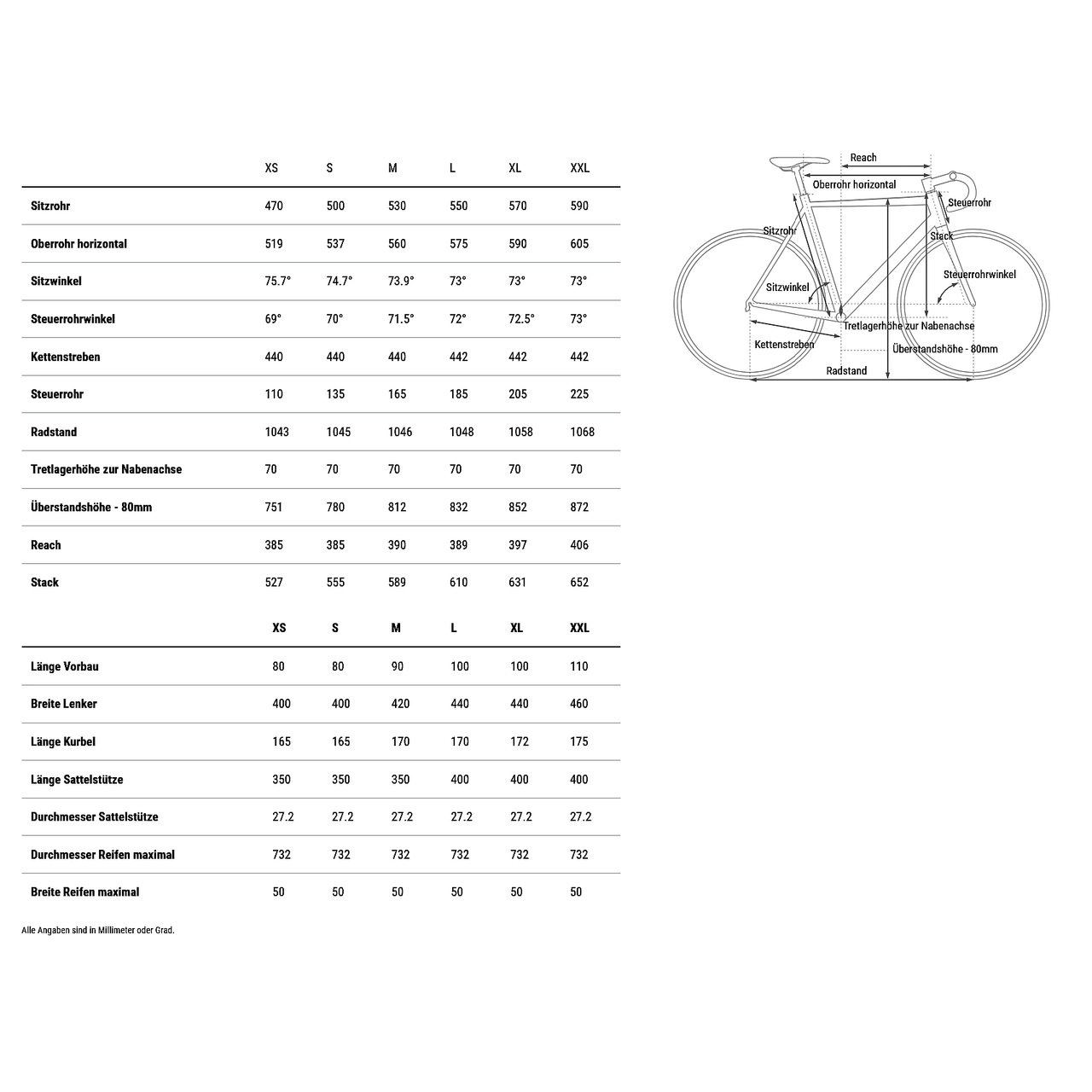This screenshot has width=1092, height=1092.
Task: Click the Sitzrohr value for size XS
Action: (x=274, y=206)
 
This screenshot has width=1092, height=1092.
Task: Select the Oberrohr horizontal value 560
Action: (x=398, y=244)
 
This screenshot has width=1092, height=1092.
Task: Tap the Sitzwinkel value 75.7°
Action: (x=278, y=282)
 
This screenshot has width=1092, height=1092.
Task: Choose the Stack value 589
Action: (x=398, y=583)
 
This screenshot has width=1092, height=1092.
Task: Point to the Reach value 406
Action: (x=579, y=545)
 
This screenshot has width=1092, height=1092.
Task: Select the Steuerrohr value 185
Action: (x=459, y=394)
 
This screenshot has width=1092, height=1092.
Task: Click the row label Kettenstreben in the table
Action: (x=66, y=357)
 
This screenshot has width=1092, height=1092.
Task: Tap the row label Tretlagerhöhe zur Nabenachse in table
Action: (x=107, y=469)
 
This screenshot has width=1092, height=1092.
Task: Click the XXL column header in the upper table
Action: (x=580, y=168)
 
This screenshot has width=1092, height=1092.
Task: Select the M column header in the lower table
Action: (x=396, y=628)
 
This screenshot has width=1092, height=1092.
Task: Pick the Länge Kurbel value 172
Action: (x=520, y=741)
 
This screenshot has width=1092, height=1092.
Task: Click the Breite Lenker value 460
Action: (x=579, y=704)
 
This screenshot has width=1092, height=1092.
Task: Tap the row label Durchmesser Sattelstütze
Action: (x=95, y=816)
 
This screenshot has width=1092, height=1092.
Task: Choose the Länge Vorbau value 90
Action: (x=398, y=666)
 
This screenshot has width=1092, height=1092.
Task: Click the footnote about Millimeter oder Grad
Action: (x=98, y=930)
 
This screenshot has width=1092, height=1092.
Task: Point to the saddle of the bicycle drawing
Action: (x=799, y=161)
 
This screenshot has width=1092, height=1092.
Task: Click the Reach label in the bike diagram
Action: (x=863, y=158)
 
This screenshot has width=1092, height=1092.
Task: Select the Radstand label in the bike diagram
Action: (x=846, y=371)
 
